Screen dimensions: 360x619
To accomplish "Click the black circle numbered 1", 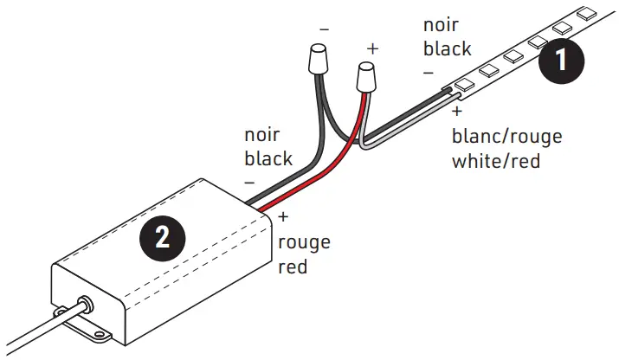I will (x=560, y=61).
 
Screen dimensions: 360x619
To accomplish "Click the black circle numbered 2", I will (x=162, y=237).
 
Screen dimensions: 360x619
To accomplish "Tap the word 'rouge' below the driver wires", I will (x=304, y=242).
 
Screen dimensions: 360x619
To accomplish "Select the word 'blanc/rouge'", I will (x=506, y=137).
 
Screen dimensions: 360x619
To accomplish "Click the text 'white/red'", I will (x=496, y=161).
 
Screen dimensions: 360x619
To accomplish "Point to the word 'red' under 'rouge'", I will (x=293, y=267).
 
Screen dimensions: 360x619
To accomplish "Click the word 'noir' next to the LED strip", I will (x=442, y=26).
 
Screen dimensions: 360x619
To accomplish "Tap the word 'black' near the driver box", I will (x=268, y=158).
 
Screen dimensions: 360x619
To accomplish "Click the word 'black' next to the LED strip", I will (x=448, y=49).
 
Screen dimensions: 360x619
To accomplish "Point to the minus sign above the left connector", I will (x=324, y=29).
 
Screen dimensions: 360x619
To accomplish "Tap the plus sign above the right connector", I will (x=372, y=48).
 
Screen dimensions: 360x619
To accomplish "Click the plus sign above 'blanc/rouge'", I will (x=457, y=112).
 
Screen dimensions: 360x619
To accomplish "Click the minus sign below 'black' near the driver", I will (x=249, y=182).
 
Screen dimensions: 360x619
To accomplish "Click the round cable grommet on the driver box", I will (x=85, y=305).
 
